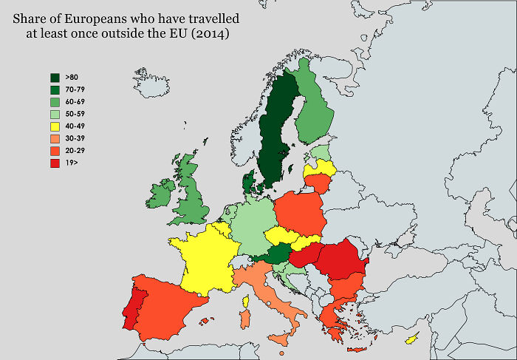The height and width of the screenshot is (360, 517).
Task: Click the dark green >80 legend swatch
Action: [55, 78]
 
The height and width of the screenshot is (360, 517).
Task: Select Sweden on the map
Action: [277, 129]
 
